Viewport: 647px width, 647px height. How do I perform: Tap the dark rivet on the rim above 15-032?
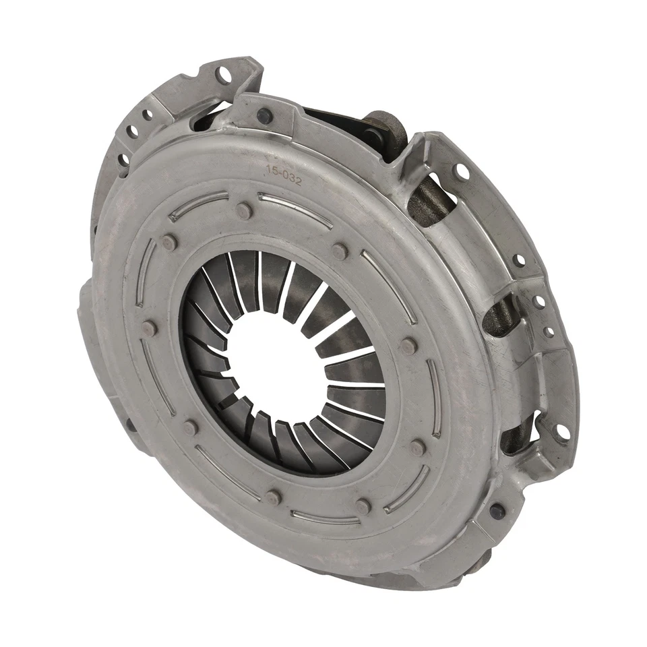pyautogui.click(x=264, y=115)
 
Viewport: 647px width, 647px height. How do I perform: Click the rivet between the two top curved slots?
pyautogui.click(x=244, y=210)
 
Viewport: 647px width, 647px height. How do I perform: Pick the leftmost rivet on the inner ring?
pyautogui.click(x=149, y=329)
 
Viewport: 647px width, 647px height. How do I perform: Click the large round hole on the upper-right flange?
pyautogui.click(x=461, y=172)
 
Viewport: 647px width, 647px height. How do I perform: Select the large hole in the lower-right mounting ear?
pyautogui.click(x=560, y=431)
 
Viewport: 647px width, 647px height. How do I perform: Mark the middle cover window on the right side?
pyautogui.click(x=502, y=317)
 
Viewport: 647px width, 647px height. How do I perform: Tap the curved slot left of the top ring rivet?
pyautogui.click(x=199, y=205)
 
